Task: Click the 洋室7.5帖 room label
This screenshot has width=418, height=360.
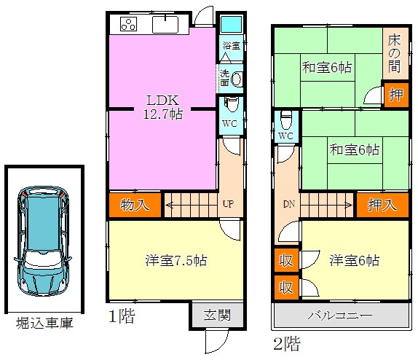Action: [x=173, y=259]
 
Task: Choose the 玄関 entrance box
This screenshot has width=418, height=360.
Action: [x=216, y=316]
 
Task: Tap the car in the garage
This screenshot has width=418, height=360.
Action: [x=43, y=240]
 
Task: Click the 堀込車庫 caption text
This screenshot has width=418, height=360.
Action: [x=44, y=323]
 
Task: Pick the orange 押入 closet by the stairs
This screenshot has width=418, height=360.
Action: [x=382, y=205]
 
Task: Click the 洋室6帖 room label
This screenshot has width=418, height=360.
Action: [x=353, y=260]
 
